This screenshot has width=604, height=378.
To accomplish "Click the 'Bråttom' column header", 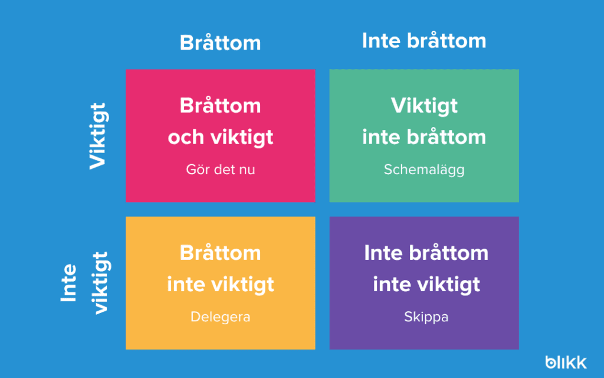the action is pyautogui.click(x=221, y=43).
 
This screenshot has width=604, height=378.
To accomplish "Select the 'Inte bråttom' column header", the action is pyautogui.click(x=424, y=41).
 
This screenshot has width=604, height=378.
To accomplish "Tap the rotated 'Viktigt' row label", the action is pyautogui.click(x=99, y=136).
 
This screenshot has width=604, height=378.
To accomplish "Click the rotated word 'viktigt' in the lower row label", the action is pyautogui.click(x=100, y=283).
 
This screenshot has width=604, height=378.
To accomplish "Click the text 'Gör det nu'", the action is pyautogui.click(x=221, y=170).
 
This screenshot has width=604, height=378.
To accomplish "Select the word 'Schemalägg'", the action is pyautogui.click(x=424, y=170).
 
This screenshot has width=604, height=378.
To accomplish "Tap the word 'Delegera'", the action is pyautogui.click(x=221, y=317).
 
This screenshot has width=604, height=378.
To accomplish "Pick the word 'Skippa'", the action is pyautogui.click(x=426, y=317).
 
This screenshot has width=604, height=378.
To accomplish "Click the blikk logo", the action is pyautogui.click(x=566, y=362).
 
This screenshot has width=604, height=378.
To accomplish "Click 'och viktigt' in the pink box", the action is pyautogui.click(x=221, y=138).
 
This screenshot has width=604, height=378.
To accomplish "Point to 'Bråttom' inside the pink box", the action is pyautogui.click(x=221, y=105).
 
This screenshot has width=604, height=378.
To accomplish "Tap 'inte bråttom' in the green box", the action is pyautogui.click(x=424, y=137).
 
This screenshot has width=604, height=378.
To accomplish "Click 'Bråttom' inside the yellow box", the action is pyautogui.click(x=221, y=253).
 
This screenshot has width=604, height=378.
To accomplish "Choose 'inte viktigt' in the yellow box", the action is pyautogui.click(x=221, y=285).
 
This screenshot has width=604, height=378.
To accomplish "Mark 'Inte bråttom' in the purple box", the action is pyautogui.click(x=426, y=253).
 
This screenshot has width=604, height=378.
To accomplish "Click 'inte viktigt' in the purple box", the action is pyautogui.click(x=426, y=285).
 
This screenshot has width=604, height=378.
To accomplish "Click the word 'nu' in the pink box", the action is pyautogui.click(x=247, y=170).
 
